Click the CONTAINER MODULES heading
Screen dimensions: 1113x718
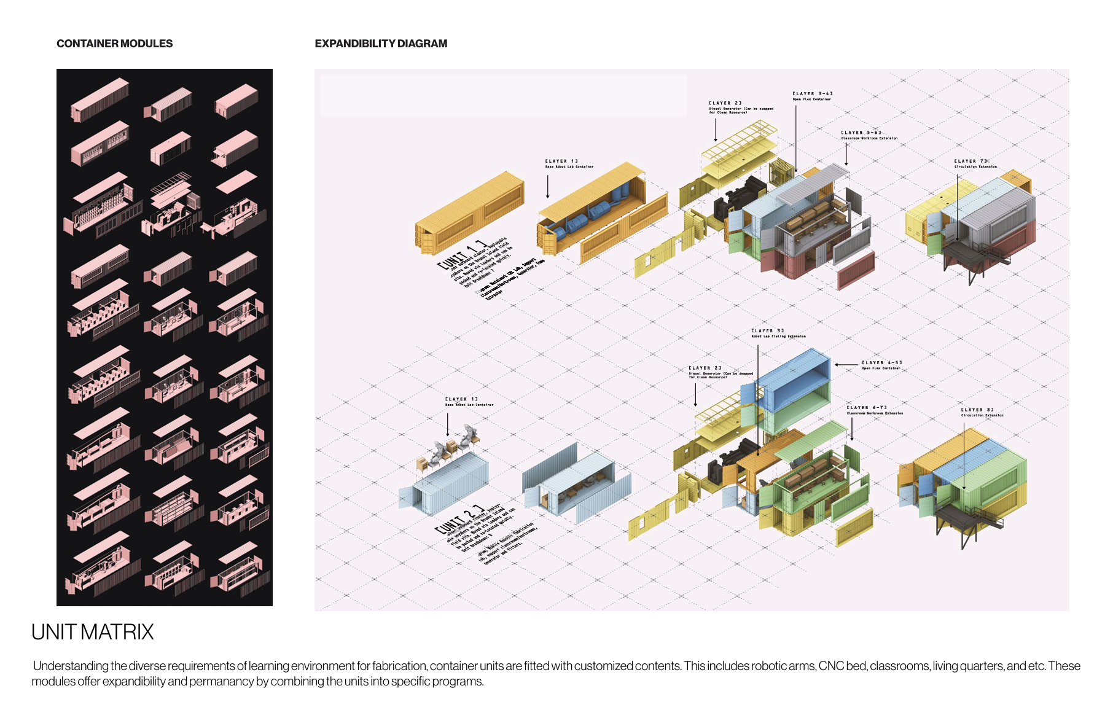[114, 44]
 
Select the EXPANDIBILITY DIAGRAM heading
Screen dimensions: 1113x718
[381, 44]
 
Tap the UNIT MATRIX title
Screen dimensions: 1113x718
[93, 632]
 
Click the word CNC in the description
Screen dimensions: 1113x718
[830, 666]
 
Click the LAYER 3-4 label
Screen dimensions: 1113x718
[812, 94]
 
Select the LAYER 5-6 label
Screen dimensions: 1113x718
[861, 133]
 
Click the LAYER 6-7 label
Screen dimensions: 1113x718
[867, 408]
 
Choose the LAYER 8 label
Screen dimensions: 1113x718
[977, 410]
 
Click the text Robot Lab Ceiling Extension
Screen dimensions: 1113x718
[778, 337]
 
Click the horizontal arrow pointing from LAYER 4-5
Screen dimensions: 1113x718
[846, 365]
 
